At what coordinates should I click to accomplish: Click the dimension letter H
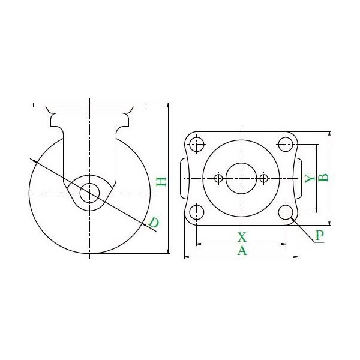click(161, 180)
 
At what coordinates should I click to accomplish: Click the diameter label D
click(154, 224)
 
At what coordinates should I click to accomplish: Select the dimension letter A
click(242, 251)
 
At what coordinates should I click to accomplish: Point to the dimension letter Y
click(308, 178)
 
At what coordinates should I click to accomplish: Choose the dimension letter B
click(323, 177)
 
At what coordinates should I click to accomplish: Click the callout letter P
click(319, 235)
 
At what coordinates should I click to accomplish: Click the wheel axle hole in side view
click(89, 193)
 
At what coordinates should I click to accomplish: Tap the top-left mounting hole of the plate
click(196, 144)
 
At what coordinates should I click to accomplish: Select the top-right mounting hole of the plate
click(286, 144)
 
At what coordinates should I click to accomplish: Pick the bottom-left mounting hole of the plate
click(196, 211)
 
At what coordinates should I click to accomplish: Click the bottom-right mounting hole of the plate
click(286, 211)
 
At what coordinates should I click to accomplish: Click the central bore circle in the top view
click(241, 178)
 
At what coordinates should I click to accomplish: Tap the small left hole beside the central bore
click(218, 178)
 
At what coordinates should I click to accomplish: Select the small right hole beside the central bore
click(263, 178)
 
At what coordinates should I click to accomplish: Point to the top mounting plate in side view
click(89, 106)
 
